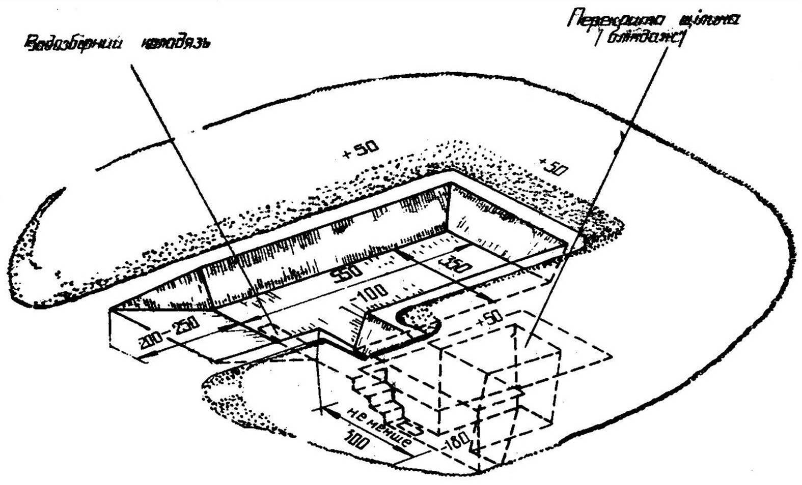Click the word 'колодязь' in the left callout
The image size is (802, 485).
[x=173, y=43]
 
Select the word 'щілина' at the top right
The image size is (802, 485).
[x=712, y=21]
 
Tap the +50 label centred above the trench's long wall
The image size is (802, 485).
[x=361, y=149]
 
